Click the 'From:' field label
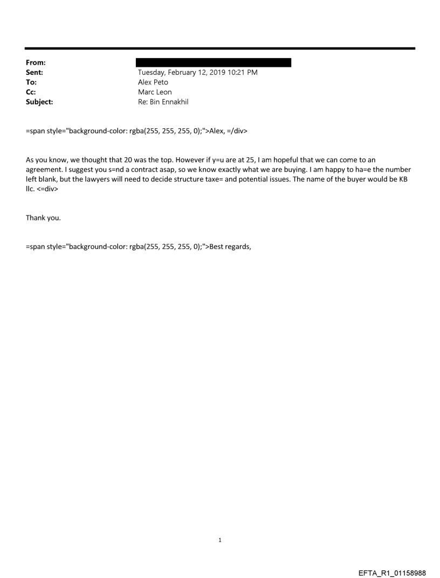click(35, 62)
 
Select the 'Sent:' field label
click(34, 73)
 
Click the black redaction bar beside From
click(214, 62)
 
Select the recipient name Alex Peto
click(153, 82)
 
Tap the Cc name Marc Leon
click(155, 92)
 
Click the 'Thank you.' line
click(42, 218)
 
